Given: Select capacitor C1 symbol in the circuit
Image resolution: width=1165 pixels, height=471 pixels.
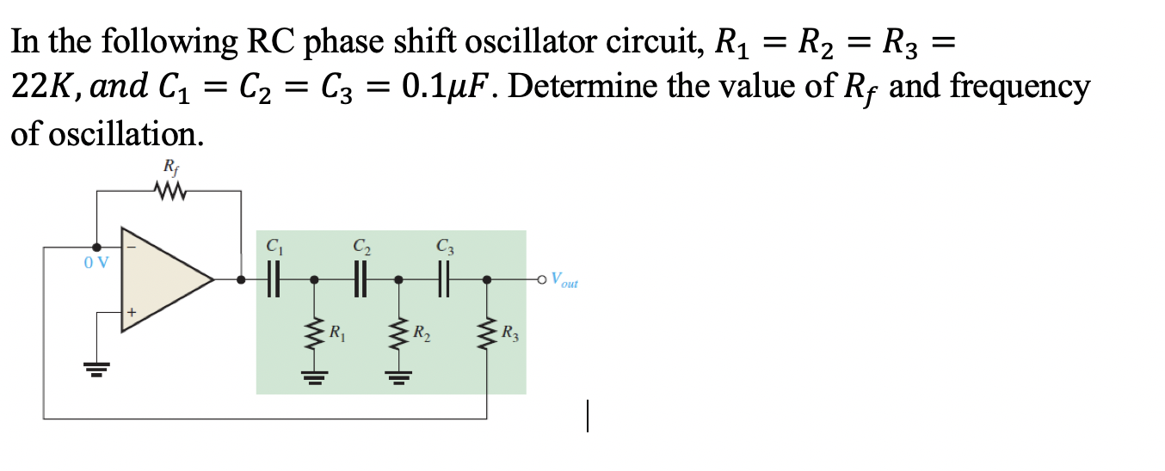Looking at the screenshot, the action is [x=273, y=279].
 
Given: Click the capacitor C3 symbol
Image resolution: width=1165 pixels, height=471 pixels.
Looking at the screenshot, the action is [x=443, y=279].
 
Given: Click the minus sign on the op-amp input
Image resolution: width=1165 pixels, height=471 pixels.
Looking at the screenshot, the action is [x=131, y=247].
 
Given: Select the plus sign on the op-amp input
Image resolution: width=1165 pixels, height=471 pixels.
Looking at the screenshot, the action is [x=132, y=312].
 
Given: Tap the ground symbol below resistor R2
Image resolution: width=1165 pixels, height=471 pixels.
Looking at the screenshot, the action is [x=398, y=376].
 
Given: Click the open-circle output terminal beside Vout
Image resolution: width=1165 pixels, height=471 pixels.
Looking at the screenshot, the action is [x=541, y=279].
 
